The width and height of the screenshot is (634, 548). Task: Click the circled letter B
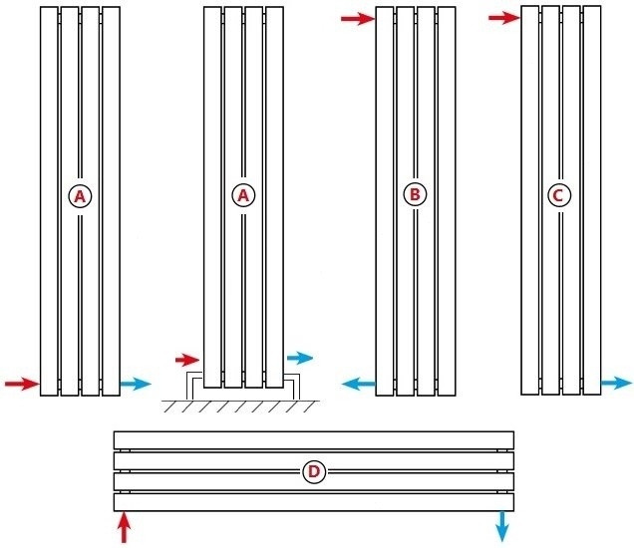pos(415,194)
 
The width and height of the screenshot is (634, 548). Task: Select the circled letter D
pos(313,471)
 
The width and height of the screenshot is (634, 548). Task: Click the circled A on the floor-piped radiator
pos(242,195)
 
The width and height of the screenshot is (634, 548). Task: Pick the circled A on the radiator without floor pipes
pos(80,196)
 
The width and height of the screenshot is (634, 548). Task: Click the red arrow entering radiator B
pos(356,18)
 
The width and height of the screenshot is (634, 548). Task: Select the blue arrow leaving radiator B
pos(358,383)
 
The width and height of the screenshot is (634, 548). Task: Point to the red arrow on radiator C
pos(504,17)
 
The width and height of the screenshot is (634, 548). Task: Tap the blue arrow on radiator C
pos(616,383)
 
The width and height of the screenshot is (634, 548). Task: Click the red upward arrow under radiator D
pos(124,527)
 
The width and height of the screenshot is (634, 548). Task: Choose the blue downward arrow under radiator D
pos(502,526)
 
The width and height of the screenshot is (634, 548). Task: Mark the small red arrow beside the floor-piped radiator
pos(187,359)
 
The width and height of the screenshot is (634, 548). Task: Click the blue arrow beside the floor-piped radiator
pos(299,358)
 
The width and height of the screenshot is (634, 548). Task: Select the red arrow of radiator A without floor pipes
pos(21,384)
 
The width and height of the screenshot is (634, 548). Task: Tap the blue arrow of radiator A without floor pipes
pos(135,384)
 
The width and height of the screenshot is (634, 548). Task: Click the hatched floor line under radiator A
pos(239,406)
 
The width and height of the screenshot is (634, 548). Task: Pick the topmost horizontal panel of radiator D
pos(313,439)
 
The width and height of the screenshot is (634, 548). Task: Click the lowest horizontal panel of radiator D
pos(313,501)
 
